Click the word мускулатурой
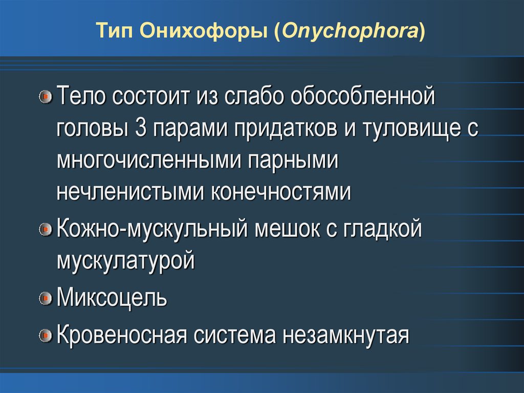tap(126, 260)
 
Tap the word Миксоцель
tap(112, 297)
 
